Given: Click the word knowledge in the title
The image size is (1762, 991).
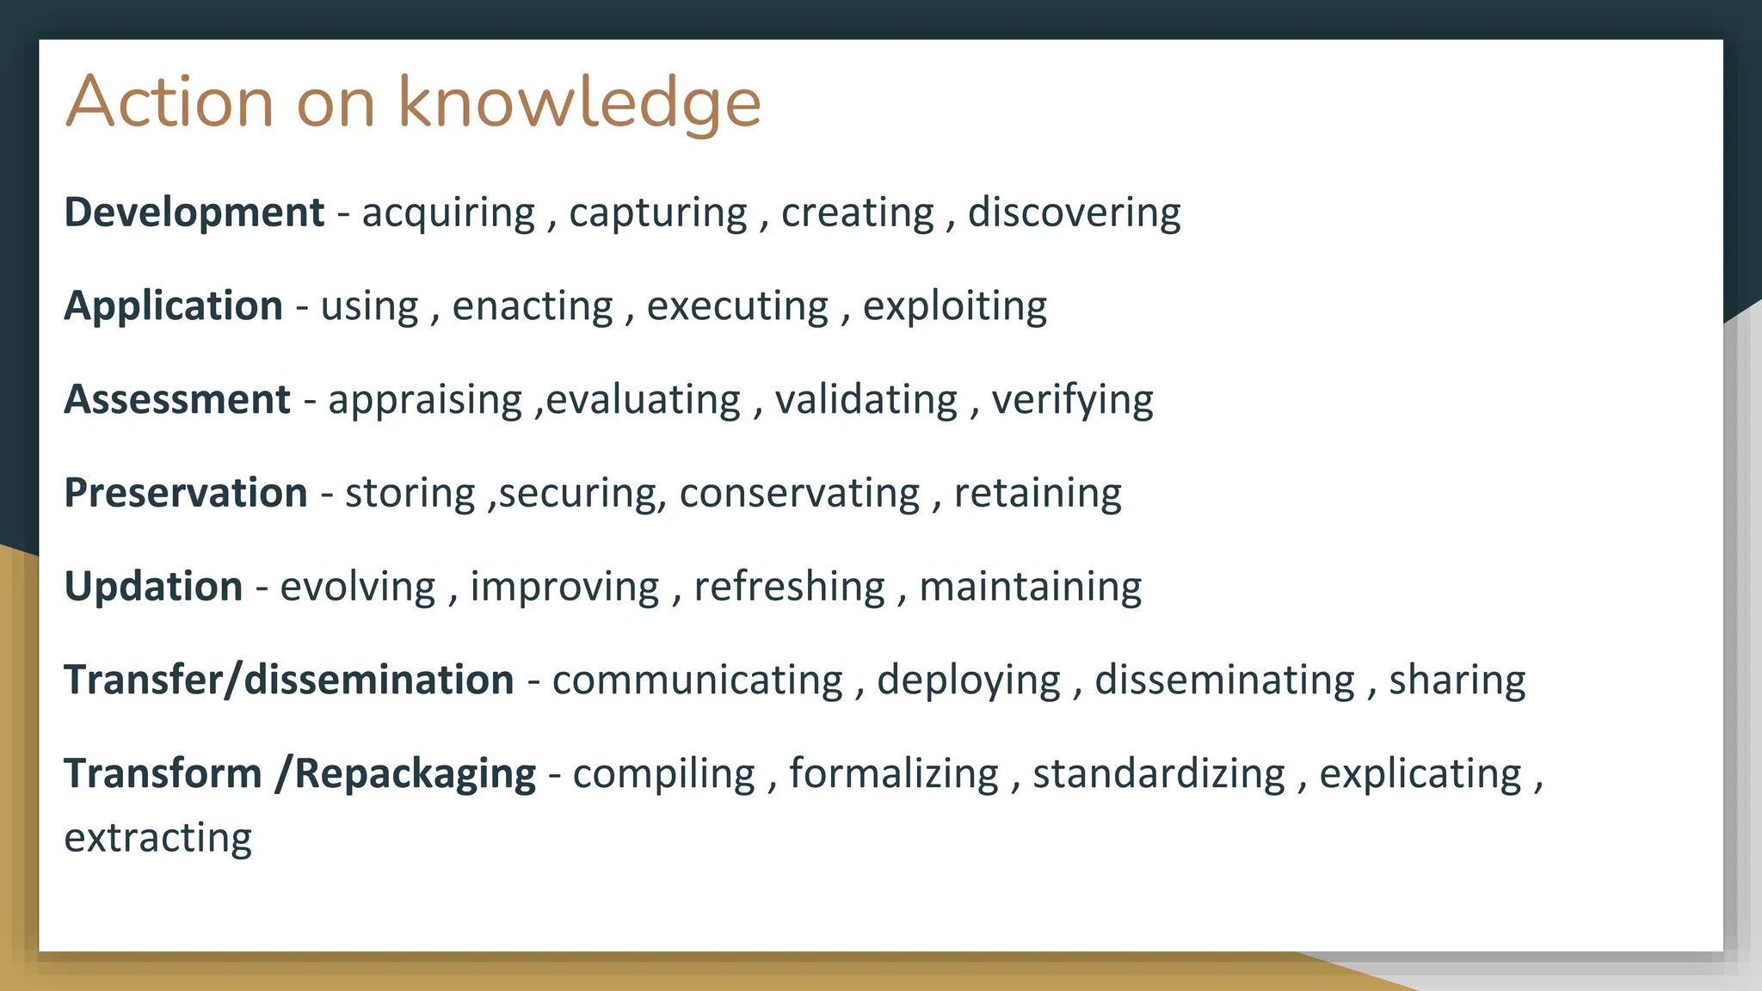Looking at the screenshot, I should (x=579, y=103).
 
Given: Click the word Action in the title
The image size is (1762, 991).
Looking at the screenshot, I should (x=169, y=103).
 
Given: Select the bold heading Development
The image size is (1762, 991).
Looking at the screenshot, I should (x=194, y=212).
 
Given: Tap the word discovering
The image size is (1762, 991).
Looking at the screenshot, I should (x=1074, y=212).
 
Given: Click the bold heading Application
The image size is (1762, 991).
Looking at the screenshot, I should (x=173, y=306).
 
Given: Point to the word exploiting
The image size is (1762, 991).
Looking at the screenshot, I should (x=954, y=306).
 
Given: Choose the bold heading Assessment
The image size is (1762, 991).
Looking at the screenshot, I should (x=177, y=400).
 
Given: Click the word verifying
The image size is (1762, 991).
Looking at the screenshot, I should (x=1072, y=400).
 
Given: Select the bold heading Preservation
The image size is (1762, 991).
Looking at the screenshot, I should (x=186, y=493).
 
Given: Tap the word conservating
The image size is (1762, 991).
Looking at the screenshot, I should (x=799, y=493).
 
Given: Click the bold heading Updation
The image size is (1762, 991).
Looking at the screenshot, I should (x=153, y=587).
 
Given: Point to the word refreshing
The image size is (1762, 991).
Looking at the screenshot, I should (x=789, y=587).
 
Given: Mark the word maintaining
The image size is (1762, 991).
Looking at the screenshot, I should (x=1030, y=587).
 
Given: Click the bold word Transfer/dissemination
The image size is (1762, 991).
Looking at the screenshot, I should (x=288, y=680).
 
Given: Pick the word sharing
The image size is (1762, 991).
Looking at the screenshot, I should (x=1457, y=680).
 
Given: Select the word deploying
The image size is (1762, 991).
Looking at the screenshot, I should (x=969, y=680).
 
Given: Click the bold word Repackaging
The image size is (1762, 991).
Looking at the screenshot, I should (x=416, y=773).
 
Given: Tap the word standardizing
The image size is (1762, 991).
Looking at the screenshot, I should (x=1158, y=773).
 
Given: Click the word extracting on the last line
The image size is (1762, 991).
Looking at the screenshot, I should (x=157, y=838).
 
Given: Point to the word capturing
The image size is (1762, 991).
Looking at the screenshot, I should (x=658, y=212).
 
